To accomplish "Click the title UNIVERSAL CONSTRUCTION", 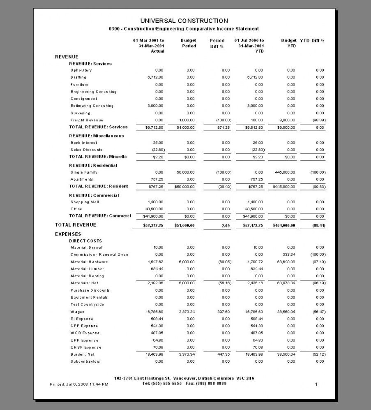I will point(184,21).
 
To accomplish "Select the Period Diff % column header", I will point(217,43).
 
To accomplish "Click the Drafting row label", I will point(78,77).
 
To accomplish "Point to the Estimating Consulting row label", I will point(92,106).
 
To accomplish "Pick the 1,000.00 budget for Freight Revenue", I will point(187,120).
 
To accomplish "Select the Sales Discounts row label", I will point(86,150).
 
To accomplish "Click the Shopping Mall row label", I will point(85,202).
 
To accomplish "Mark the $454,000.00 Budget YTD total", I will point(284,225).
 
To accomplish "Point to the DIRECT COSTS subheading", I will point(85,241).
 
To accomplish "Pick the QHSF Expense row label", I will point(85,347).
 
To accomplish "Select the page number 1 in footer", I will point(316,385).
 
